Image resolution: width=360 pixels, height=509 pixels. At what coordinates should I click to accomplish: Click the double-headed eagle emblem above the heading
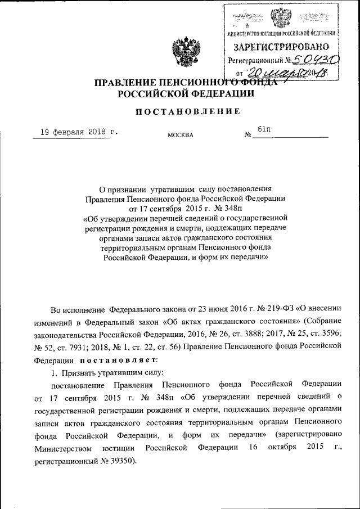(x=182, y=51)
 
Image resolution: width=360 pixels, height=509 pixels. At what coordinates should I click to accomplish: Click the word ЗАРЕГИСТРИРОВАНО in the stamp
(x=282, y=46)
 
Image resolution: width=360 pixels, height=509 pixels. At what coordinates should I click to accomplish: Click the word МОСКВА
(x=180, y=135)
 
